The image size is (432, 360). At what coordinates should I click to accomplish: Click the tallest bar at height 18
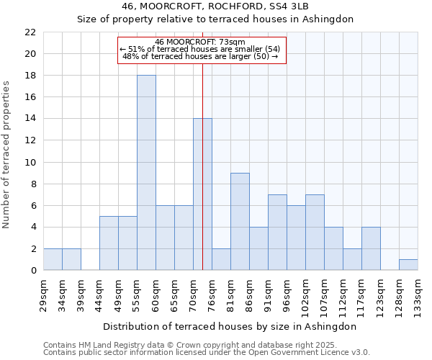click(146, 173)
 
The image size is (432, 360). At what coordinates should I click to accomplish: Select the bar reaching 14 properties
click(202, 194)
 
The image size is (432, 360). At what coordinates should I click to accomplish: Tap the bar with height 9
click(240, 222)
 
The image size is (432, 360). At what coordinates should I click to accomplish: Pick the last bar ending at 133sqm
click(408, 265)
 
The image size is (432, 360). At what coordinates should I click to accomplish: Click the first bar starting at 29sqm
click(53, 259)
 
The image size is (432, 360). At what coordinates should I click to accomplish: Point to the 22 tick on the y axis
click(30, 32)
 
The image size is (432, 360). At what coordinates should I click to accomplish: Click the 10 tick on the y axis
click(30, 163)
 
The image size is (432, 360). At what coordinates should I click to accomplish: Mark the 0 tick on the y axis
click(33, 271)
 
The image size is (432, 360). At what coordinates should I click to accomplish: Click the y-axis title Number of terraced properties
click(7, 155)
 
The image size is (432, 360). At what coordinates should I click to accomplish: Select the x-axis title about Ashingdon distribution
click(230, 326)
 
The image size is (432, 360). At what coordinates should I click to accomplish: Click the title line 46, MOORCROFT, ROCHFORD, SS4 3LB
click(215, 6)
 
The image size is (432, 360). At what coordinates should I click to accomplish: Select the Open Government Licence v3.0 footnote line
click(207, 353)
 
